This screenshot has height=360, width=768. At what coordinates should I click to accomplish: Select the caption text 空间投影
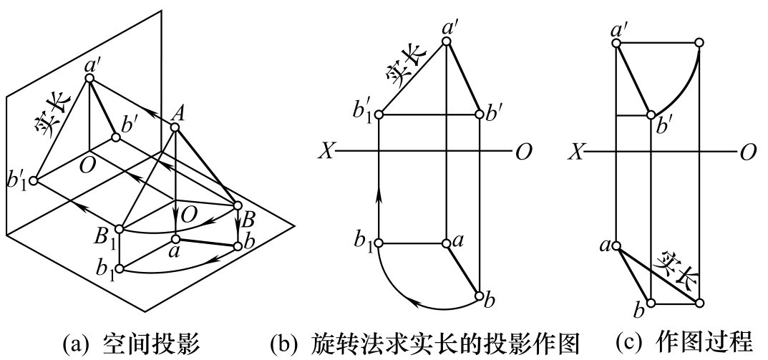click(152, 344)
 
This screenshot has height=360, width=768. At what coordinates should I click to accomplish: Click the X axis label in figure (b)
click(324, 152)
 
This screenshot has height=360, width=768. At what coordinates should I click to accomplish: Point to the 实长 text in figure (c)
click(677, 269)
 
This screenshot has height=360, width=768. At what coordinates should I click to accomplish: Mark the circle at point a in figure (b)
click(446, 243)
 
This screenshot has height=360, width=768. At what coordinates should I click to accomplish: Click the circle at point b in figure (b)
click(480, 296)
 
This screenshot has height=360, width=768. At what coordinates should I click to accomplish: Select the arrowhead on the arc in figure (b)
click(417, 305)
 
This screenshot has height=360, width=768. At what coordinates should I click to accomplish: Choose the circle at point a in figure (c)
click(617, 246)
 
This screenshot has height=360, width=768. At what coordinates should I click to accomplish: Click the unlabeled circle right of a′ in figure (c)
click(699, 43)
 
